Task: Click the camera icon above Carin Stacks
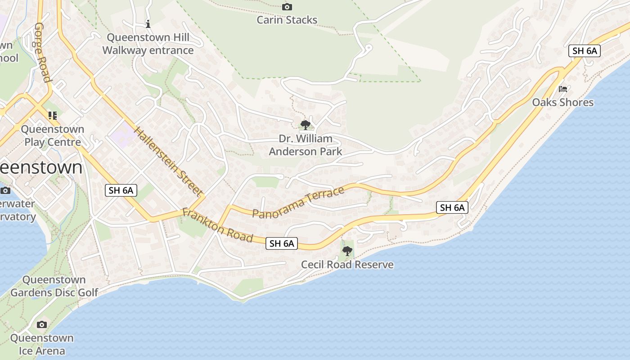287,7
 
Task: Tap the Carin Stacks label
287,20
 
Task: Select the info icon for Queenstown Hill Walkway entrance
148,24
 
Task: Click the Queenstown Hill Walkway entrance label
148,44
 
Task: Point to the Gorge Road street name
42,52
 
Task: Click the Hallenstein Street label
167,162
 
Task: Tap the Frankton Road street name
217,225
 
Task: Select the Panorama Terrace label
298,202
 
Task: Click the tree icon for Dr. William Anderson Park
306,125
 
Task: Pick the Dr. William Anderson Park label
306,145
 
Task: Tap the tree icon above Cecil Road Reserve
347,251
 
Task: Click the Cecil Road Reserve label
347,265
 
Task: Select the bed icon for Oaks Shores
563,89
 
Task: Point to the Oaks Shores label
563,103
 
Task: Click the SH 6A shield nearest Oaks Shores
585,51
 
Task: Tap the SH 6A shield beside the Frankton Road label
282,243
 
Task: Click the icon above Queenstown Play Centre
53,116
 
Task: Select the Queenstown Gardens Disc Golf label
54,286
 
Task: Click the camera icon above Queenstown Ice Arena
42,324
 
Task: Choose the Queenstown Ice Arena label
42,344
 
